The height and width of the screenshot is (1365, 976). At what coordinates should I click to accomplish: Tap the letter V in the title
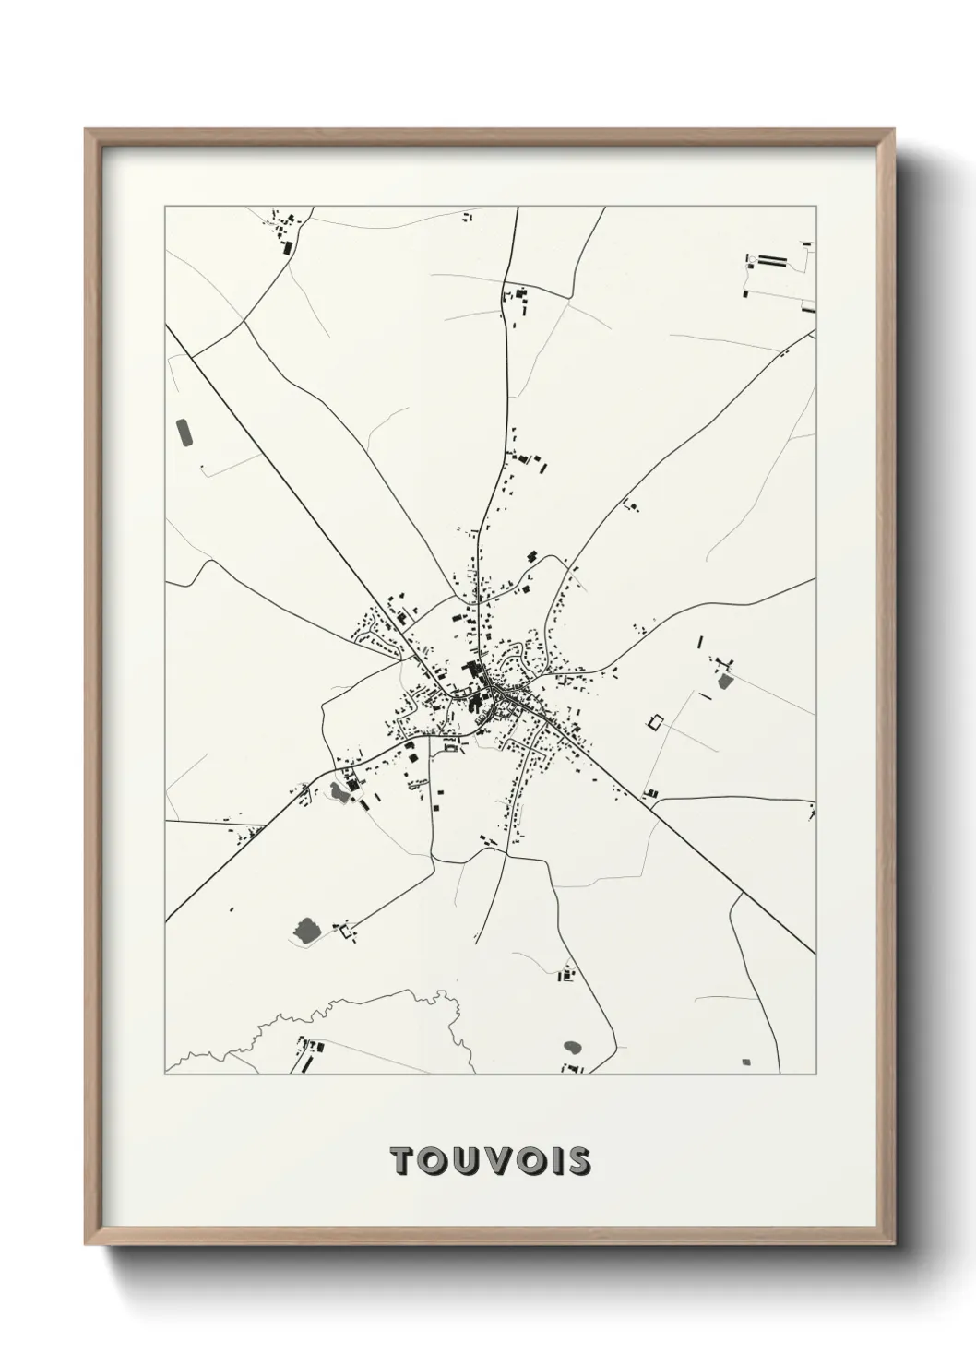[x=493, y=1161]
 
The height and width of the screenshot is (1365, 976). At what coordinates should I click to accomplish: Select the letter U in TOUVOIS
[x=462, y=1161]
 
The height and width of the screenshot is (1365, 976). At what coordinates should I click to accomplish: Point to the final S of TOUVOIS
[x=578, y=1161]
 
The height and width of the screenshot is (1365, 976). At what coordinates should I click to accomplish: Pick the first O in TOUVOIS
[x=431, y=1161]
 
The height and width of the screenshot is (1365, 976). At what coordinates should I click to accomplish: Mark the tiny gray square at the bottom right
[x=747, y=1062]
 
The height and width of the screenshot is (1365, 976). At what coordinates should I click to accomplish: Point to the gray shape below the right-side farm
[x=724, y=682]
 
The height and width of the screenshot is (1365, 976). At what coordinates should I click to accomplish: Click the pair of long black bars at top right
[x=771, y=262]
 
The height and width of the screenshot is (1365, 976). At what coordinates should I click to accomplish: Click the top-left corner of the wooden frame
[x=86, y=130]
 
